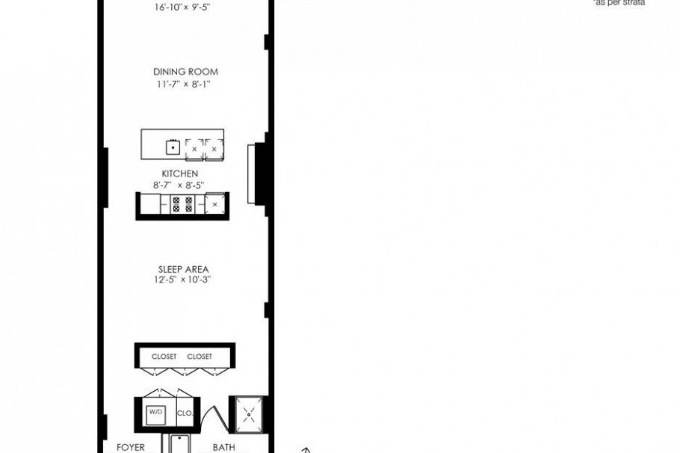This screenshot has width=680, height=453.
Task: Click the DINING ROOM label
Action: tap(185, 72)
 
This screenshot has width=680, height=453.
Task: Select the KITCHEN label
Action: tap(180, 173)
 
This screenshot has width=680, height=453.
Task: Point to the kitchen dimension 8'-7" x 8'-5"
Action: tap(179, 185)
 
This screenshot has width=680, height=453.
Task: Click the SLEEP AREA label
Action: tap(183, 269)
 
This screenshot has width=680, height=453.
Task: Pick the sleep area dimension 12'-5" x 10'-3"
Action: tap(183, 280)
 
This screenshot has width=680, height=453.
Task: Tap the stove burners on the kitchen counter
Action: tap(182, 204)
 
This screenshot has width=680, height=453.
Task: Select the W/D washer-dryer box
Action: tap(155, 413)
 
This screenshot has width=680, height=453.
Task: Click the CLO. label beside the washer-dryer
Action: tap(185, 413)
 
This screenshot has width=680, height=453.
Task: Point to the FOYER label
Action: tap(130, 447)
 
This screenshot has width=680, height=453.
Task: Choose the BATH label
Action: tap(223, 447)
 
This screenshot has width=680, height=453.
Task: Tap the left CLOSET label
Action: tap(164, 357)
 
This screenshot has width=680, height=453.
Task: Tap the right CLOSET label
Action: tap(200, 357)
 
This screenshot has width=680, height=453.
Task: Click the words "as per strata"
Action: tap(619, 3)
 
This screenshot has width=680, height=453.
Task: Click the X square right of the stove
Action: tap(215, 204)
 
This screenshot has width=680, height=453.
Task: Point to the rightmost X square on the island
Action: tap(214, 149)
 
